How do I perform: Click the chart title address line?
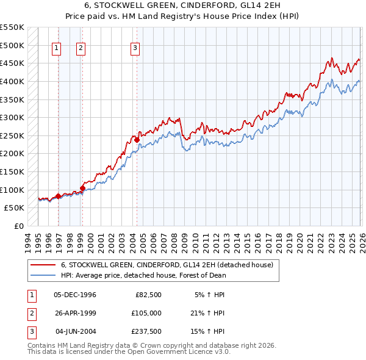(183, 5)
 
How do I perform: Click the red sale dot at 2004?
(137, 140)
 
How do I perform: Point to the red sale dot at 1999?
(82, 188)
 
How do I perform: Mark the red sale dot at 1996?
(58, 196)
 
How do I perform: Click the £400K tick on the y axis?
(12, 81)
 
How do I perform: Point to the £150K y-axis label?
(12, 171)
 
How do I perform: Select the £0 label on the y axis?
(18, 226)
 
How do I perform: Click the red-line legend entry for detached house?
(171, 265)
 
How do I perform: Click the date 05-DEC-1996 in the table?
(75, 295)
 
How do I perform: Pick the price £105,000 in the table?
(145, 313)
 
